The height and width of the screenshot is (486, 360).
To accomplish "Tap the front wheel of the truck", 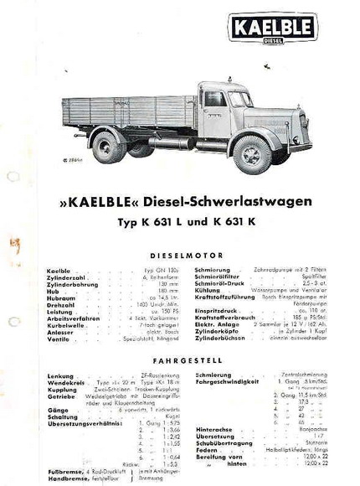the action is [251, 154].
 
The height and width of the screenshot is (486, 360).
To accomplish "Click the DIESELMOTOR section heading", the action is [181, 256].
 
